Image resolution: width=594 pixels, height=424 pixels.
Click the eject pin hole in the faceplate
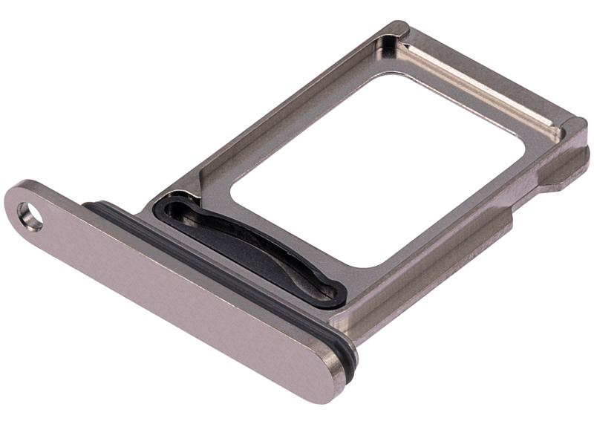click(30, 218)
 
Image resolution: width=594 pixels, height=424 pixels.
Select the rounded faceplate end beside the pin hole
click(22, 204)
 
